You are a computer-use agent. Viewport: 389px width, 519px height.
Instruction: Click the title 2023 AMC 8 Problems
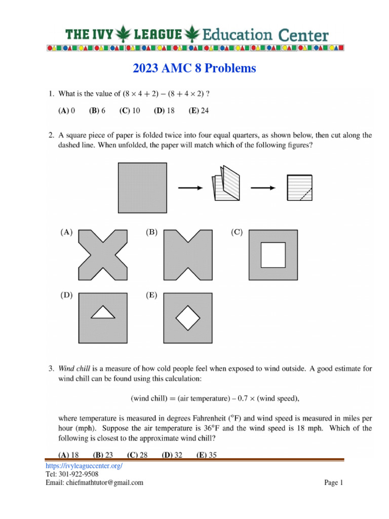coord(194,68)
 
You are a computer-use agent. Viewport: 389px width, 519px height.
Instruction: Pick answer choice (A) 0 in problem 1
coord(67,110)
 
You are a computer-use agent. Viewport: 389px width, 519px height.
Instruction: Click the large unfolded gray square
coord(142,187)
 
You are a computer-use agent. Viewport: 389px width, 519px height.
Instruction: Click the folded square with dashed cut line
coord(299,188)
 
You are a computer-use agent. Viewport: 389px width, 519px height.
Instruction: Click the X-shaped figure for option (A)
coord(103,254)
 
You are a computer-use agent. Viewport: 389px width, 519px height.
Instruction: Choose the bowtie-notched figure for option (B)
coord(188,254)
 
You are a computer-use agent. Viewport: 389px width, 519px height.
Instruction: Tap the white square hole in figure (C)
coord(274,255)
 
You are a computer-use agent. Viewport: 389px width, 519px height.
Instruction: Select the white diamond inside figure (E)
coord(188,318)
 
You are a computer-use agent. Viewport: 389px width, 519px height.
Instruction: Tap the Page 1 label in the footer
coord(334,483)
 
